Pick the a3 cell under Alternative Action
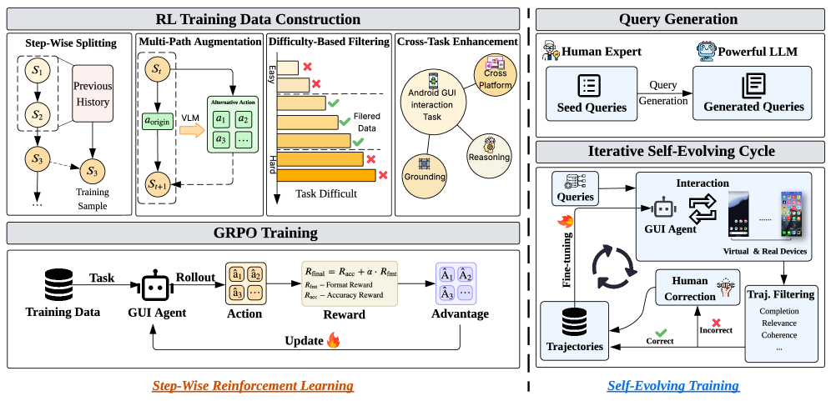click(220, 138)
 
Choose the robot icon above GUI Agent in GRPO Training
click(154, 286)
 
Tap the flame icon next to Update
click(334, 340)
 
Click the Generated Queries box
click(753, 93)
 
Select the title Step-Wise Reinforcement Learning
click(253, 385)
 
